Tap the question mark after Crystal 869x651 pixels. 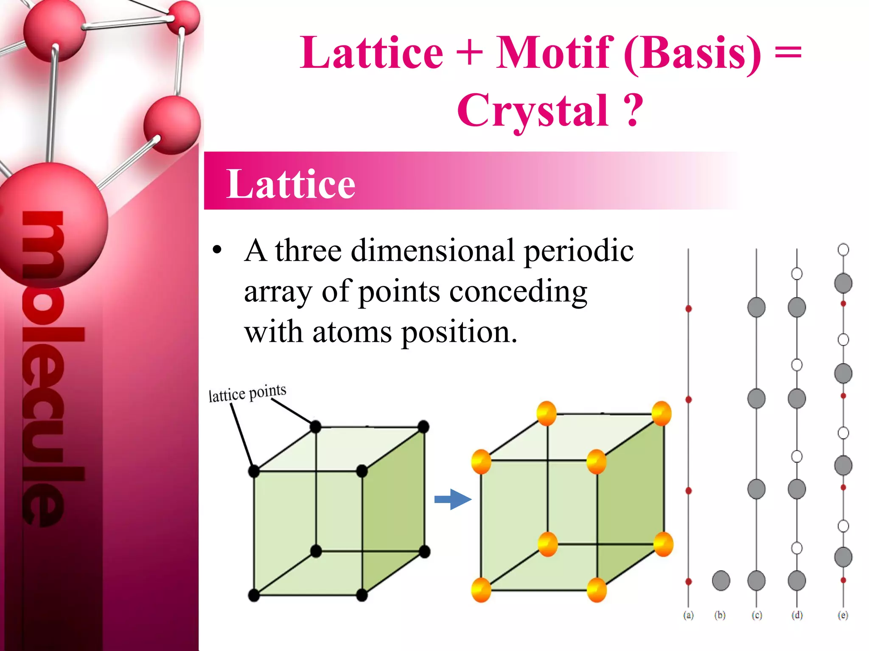633,111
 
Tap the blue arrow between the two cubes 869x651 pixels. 453,499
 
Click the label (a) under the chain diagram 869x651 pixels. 688,615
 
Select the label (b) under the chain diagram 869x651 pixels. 720,615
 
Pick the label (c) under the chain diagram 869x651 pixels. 757,615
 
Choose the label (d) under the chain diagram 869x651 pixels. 797,615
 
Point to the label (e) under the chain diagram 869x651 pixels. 843,615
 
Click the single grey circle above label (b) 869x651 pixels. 721,580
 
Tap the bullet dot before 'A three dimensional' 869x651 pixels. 217,250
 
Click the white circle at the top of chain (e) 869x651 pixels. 843,250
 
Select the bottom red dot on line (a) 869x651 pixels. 689,581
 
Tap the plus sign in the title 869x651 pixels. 470,53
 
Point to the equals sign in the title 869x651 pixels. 788,53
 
